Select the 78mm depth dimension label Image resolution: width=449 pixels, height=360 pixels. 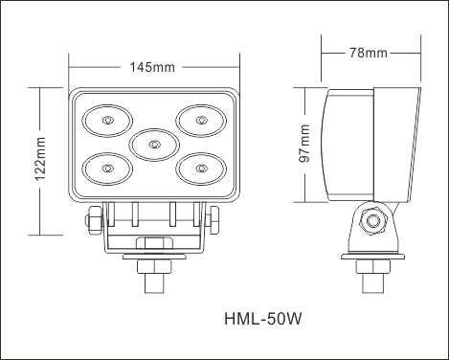pos(370,52)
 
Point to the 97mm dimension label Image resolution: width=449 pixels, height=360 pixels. pos(303,144)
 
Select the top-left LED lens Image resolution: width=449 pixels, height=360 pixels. pos(107,121)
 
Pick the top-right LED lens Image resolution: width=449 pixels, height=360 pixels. pos(200,121)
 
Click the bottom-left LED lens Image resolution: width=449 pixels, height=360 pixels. pos(107,169)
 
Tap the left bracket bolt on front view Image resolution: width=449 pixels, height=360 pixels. pos(94,220)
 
